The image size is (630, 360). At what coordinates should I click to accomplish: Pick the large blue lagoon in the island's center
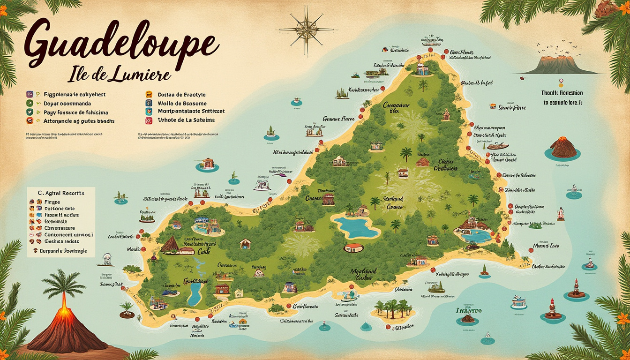coord(355,227)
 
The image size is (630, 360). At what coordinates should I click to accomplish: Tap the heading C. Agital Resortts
coord(61,193)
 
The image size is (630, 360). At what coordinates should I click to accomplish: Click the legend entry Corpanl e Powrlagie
coord(63,251)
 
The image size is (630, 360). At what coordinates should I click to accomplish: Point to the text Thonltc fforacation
coord(562,93)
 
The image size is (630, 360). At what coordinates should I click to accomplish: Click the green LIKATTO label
coord(469,310)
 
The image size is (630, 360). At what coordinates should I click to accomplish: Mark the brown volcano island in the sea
coord(563,149)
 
